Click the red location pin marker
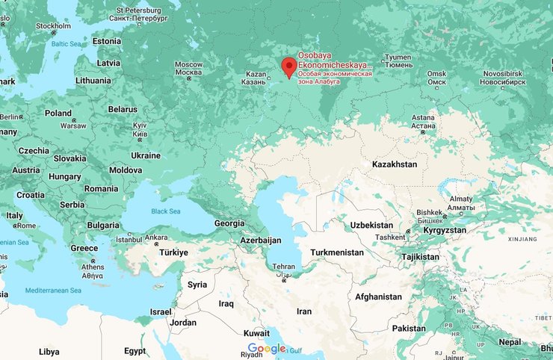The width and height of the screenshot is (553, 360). pyautogui.click(x=289, y=68)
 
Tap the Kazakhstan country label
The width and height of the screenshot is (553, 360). pyautogui.click(x=395, y=164)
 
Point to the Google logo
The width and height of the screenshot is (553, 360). pyautogui.click(x=267, y=349)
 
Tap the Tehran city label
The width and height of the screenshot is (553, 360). pyautogui.click(x=282, y=267)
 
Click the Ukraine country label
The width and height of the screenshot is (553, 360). pyautogui.click(x=146, y=155)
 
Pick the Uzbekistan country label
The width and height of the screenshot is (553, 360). pyautogui.click(x=371, y=225)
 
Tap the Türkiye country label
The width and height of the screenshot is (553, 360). pyautogui.click(x=173, y=252)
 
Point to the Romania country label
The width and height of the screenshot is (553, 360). pyautogui.click(x=101, y=189)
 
